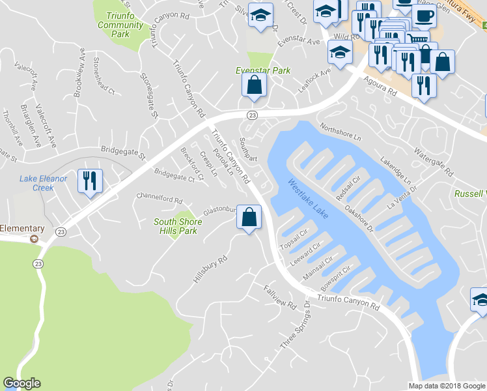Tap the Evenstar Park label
coord(262,70)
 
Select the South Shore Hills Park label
coord(178,226)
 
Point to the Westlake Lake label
coord(309,199)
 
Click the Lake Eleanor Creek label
coord(46,183)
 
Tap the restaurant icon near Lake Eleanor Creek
coord(90,181)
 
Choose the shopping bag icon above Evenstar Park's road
coord(253,85)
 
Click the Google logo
coord(21,383)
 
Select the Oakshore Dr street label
coord(359,219)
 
